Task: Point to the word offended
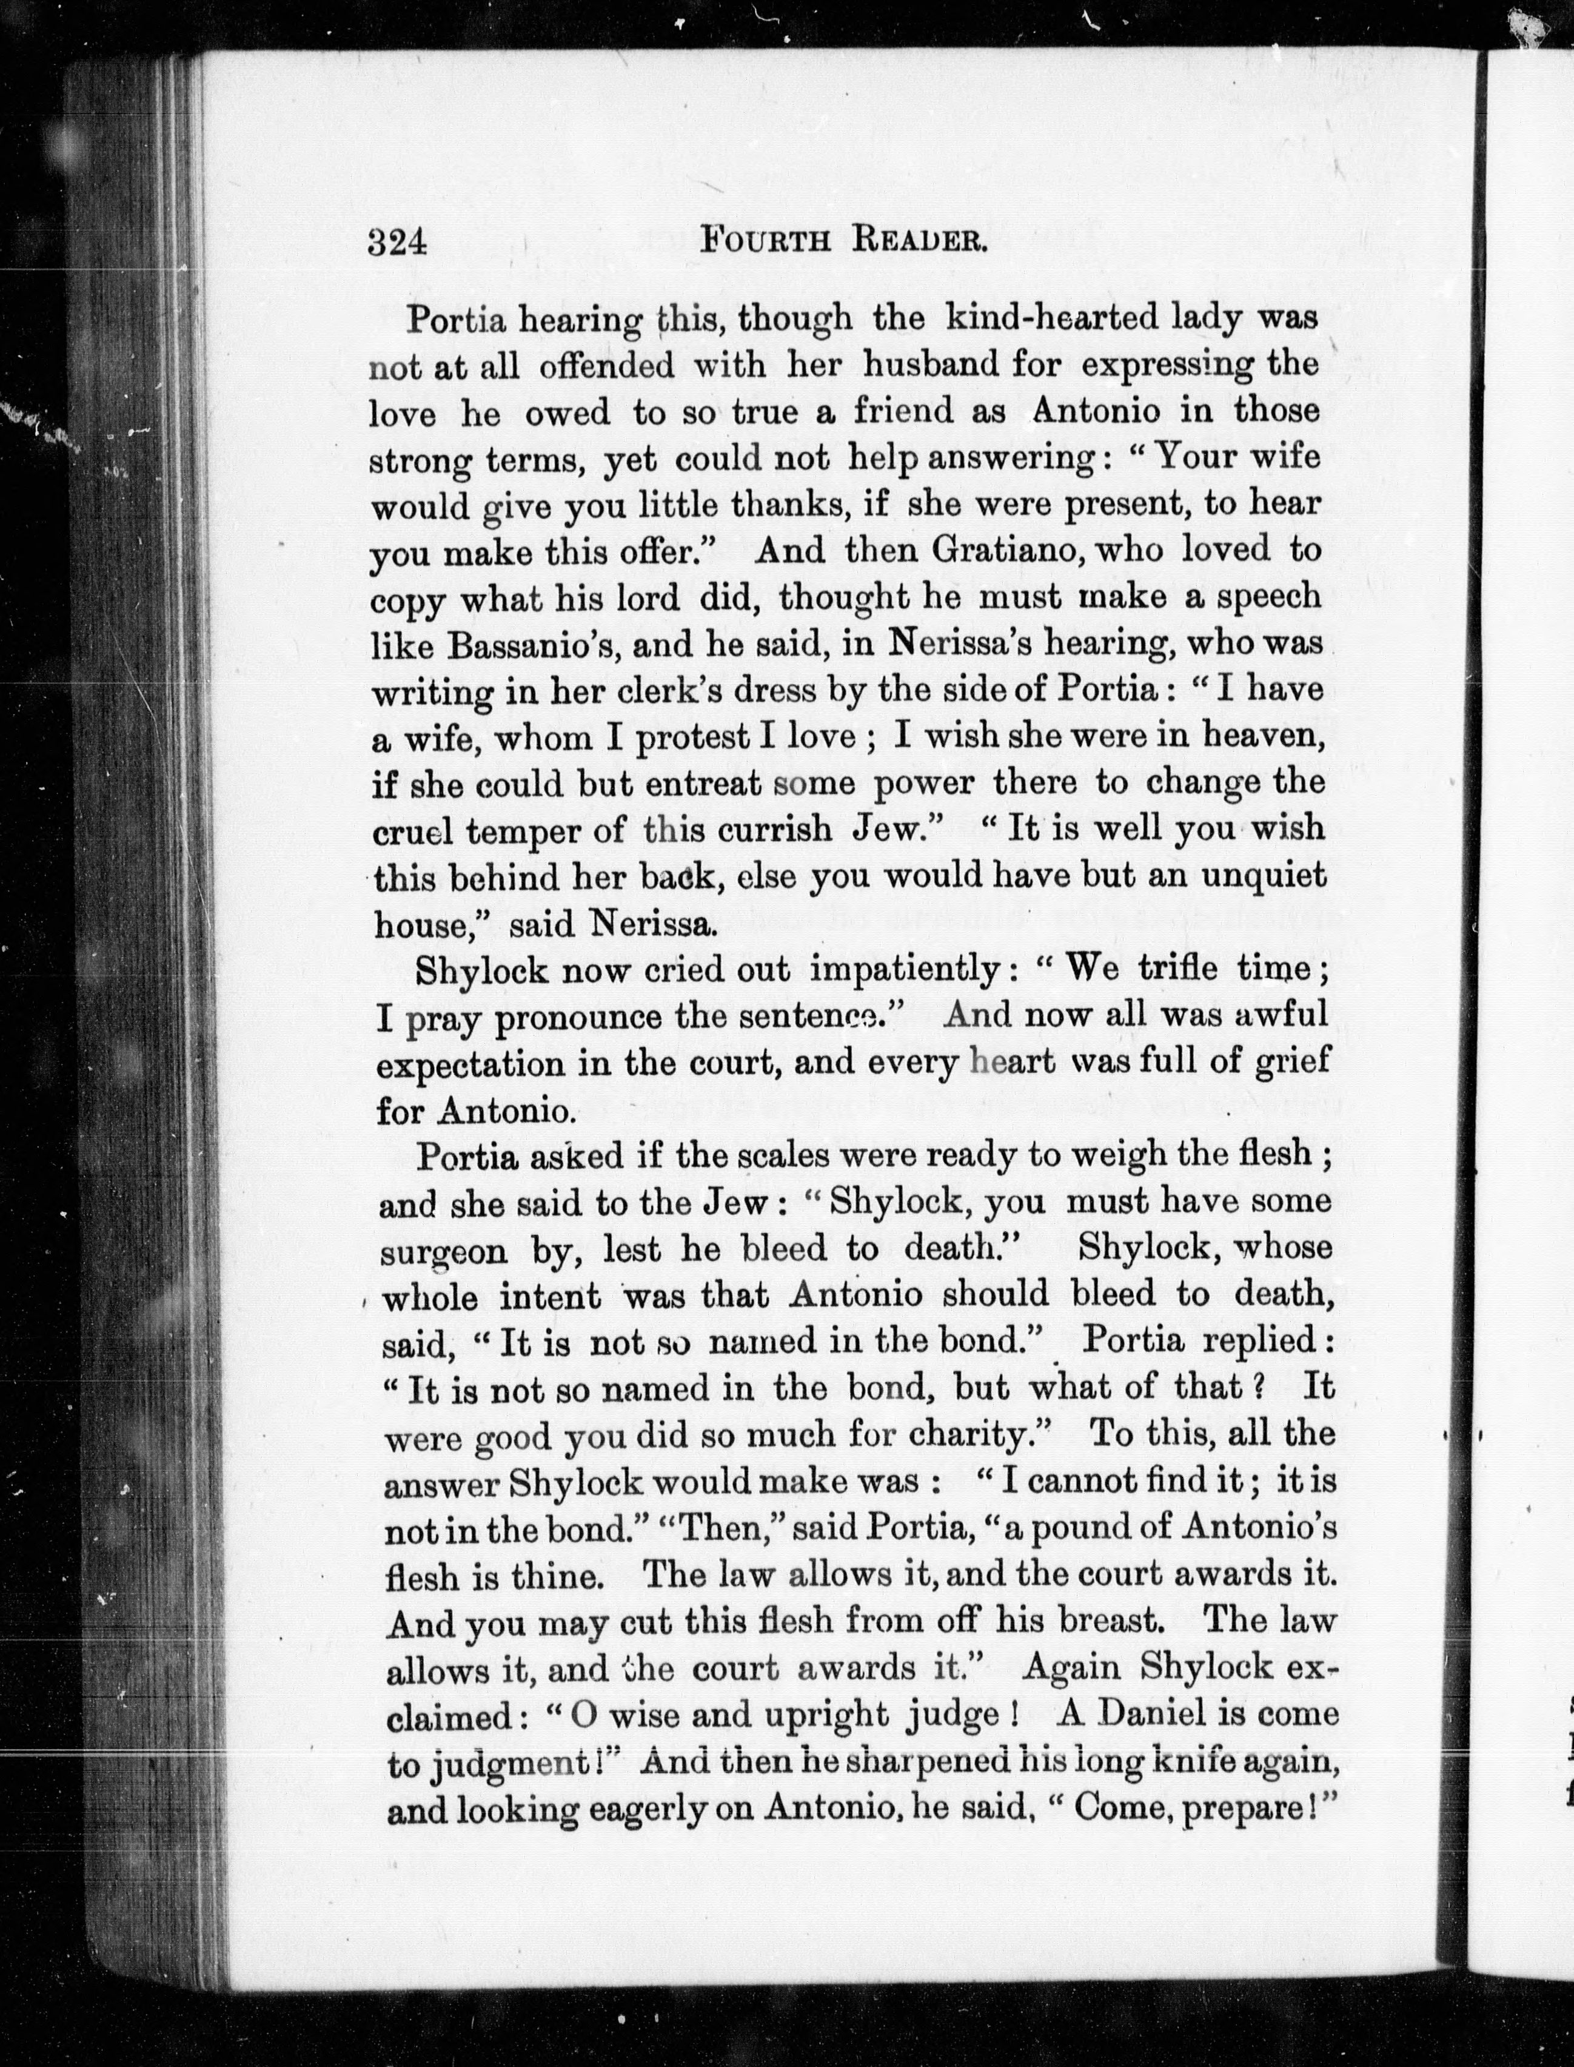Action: point(606,366)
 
